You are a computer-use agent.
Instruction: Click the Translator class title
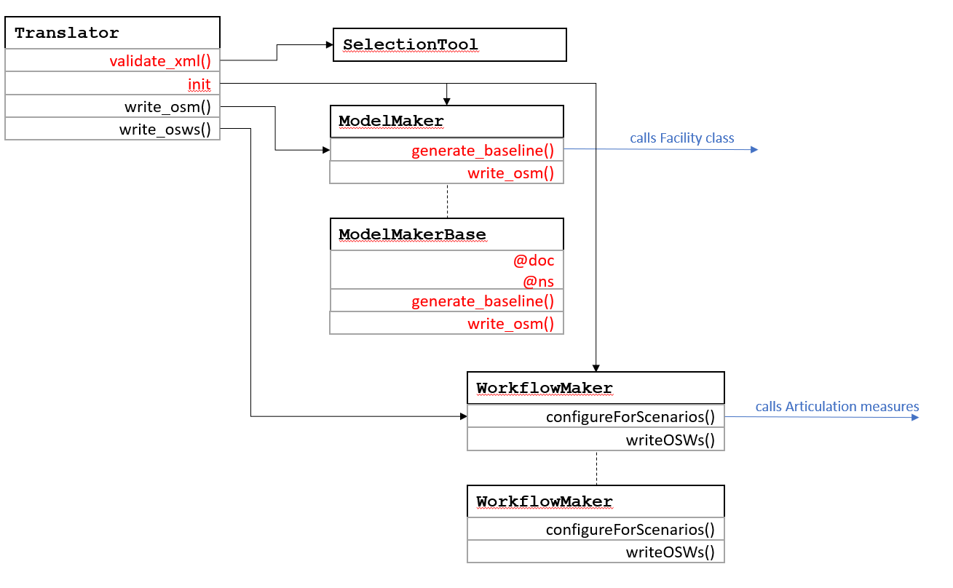pyautogui.click(x=67, y=33)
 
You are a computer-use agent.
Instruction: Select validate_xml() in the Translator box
pyautogui.click(x=160, y=61)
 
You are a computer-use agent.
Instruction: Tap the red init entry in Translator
pyautogui.click(x=199, y=84)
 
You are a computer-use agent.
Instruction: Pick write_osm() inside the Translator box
pyautogui.click(x=167, y=108)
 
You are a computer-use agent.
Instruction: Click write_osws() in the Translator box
pyautogui.click(x=165, y=130)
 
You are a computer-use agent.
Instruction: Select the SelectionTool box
pyautogui.click(x=449, y=44)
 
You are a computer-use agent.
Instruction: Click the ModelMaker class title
pyautogui.click(x=391, y=121)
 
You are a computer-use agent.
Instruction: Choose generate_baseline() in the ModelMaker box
pyautogui.click(x=483, y=151)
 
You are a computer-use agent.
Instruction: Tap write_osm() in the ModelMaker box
pyautogui.click(x=510, y=173)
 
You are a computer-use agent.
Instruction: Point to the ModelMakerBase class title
pyautogui.click(x=412, y=234)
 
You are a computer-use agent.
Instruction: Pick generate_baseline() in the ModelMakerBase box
pyautogui.click(x=483, y=301)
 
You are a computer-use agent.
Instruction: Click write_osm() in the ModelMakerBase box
pyautogui.click(x=510, y=323)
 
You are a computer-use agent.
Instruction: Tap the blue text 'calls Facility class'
pyautogui.click(x=681, y=138)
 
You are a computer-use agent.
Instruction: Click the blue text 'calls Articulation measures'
pyautogui.click(x=837, y=407)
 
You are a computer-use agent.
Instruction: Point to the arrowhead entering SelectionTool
pyautogui.click(x=328, y=44)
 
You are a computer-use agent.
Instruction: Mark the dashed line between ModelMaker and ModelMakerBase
pyautogui.click(x=447, y=201)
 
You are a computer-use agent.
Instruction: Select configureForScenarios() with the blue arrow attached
pyautogui.click(x=630, y=417)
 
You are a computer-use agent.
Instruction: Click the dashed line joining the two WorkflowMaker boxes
pyautogui.click(x=596, y=468)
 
